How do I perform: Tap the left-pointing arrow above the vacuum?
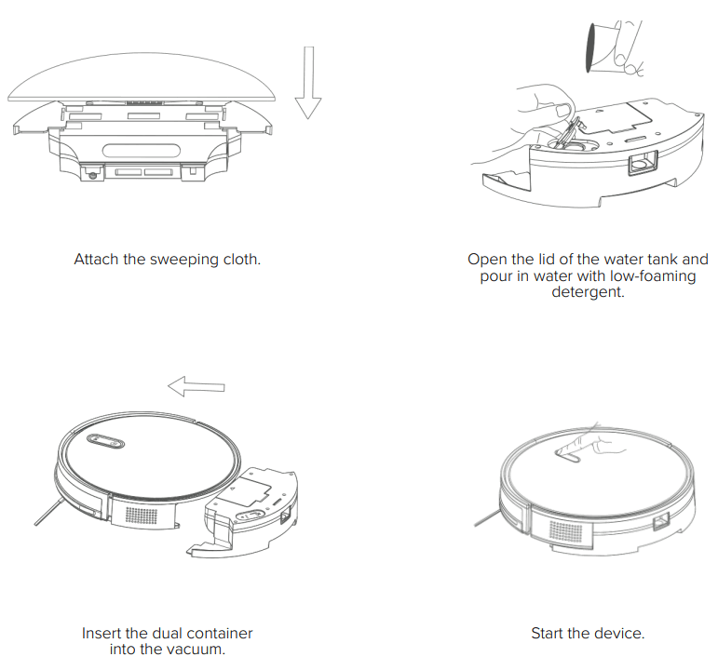196,384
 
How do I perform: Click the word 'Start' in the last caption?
549,633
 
